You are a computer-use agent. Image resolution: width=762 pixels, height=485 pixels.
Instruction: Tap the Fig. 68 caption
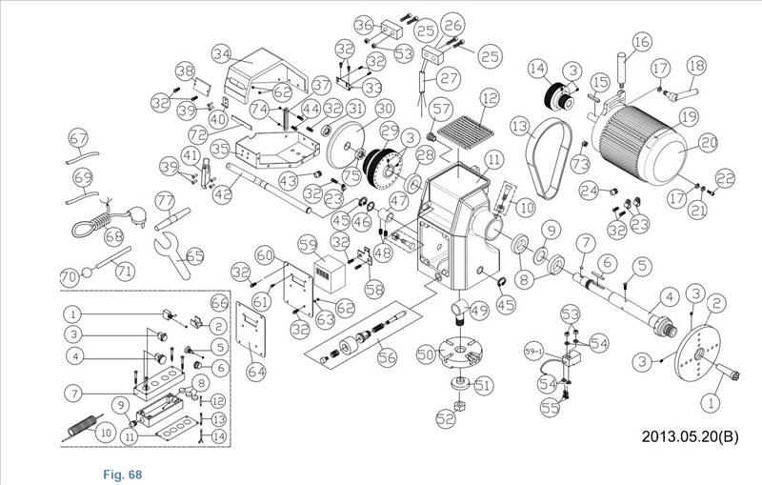123,472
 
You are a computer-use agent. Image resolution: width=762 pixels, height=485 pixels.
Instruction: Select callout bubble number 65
195,255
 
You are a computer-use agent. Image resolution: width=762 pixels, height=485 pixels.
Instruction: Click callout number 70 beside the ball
69,276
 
